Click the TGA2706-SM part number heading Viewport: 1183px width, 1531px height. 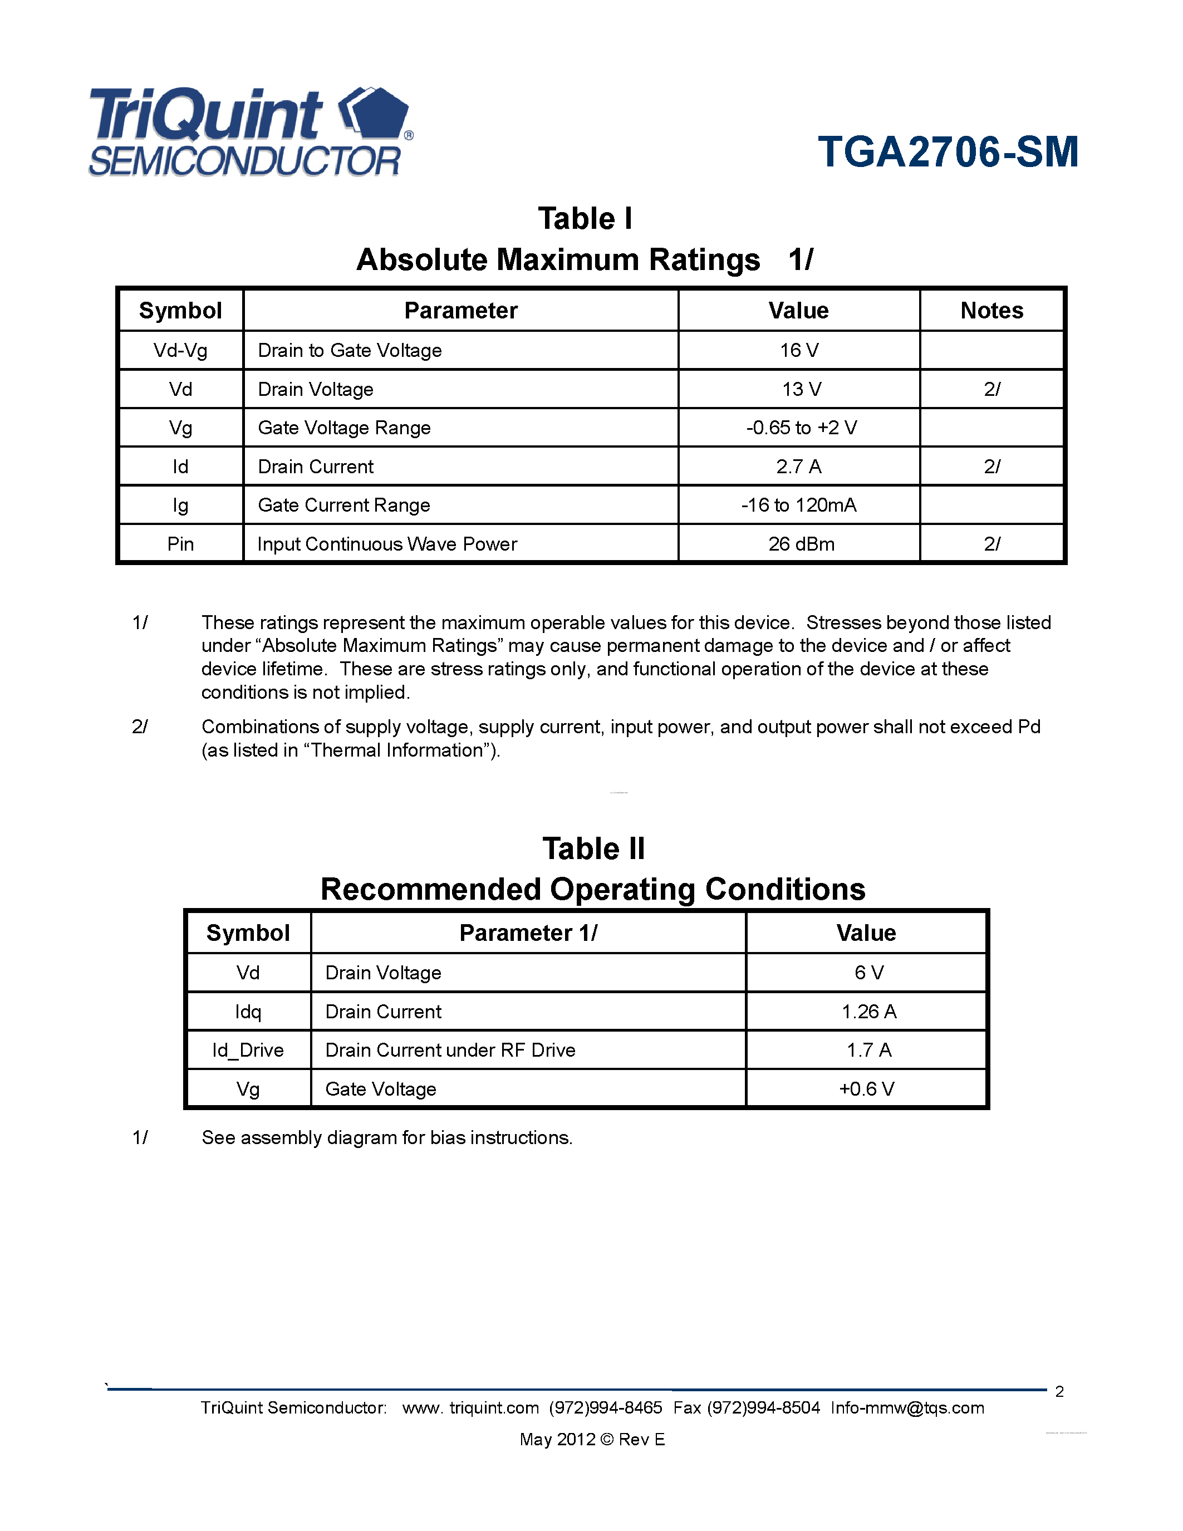click(x=948, y=152)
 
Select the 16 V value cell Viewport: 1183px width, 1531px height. click(x=798, y=351)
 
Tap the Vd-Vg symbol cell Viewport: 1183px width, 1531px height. click(x=180, y=351)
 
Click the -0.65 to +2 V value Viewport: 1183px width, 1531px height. click(x=801, y=428)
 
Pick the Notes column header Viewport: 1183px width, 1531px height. click(x=991, y=311)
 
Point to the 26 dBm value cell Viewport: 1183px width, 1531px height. click(x=801, y=544)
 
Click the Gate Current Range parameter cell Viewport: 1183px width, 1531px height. click(x=343, y=506)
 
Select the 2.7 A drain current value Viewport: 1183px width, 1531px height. click(x=798, y=467)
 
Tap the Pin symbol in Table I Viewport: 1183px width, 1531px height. click(x=180, y=544)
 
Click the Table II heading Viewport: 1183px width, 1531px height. click(x=593, y=849)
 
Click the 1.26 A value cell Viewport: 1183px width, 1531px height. click(x=868, y=1012)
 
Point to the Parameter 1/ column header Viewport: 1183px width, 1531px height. click(x=528, y=933)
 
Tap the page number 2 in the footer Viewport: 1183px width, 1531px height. click(x=1059, y=1391)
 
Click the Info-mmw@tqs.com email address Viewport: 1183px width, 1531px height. click(x=907, y=1409)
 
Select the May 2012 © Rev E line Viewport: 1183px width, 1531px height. click(x=592, y=1439)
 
